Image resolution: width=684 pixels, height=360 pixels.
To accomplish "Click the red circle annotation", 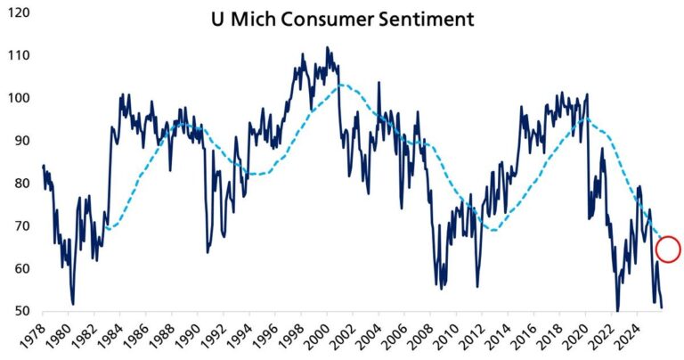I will coord(668,249).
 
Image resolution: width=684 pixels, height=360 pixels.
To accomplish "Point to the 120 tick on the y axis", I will coord(16,13).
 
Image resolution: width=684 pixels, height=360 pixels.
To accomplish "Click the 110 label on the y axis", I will coord(16,55).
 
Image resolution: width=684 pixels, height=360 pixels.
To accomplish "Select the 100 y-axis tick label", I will coord(16,98).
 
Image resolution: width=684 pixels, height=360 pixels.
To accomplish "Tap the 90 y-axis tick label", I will coord(20,141).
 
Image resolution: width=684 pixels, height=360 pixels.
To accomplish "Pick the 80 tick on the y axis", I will coord(20,184).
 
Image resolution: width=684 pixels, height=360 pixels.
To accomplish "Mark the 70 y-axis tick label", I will coord(20,226).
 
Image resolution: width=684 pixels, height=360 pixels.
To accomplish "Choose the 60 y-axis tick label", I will coord(20,269).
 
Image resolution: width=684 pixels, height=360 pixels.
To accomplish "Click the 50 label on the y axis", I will coord(20,312).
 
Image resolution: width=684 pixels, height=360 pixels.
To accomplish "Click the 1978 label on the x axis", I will coord(33,338).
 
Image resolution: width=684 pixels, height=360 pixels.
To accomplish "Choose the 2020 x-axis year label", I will coord(586,338).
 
